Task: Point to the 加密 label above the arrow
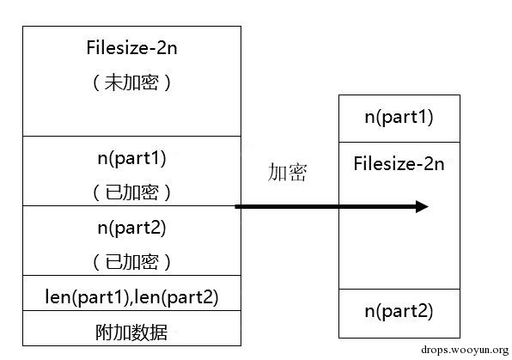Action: coord(286,173)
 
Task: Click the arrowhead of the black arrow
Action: coord(420,206)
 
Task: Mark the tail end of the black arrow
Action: coord(238,206)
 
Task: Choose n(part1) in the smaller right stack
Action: coord(399,118)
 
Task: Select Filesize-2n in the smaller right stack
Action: coord(399,164)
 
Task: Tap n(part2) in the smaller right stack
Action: coord(399,310)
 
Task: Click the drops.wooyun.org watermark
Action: coord(464,350)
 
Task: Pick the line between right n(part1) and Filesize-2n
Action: coord(399,142)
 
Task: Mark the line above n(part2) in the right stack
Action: coord(399,289)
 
